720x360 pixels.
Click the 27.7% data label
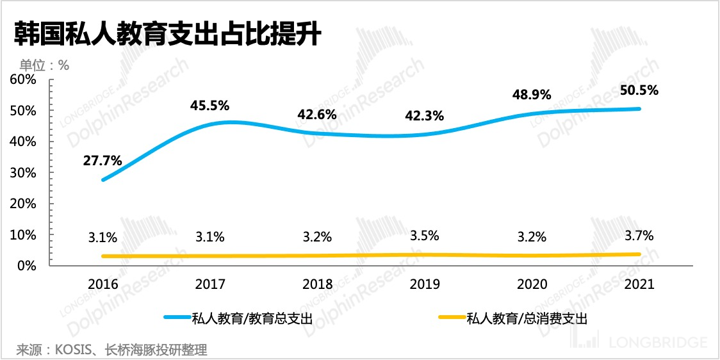point(102,160)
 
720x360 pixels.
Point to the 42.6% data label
point(317,115)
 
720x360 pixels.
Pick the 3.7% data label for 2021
point(639,235)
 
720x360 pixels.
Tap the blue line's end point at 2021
point(639,109)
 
